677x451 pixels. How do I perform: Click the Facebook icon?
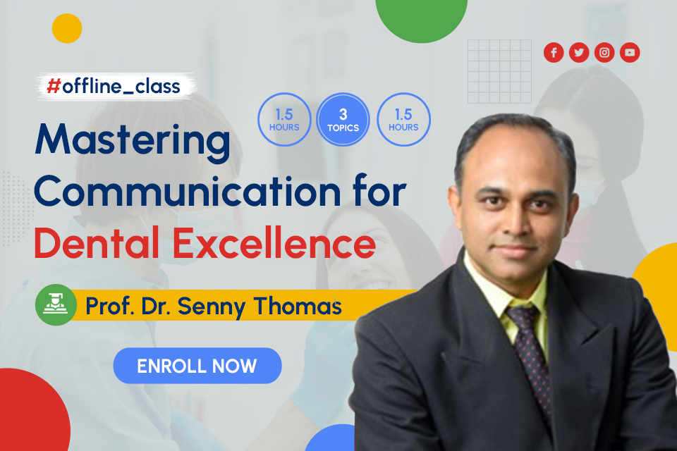tap(554, 53)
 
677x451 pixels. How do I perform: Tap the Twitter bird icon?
tap(579, 53)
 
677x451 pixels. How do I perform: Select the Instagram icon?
tap(604, 53)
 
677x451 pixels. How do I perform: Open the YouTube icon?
tap(630, 53)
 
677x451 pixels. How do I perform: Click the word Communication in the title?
tap(188, 192)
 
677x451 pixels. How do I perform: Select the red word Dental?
tap(97, 242)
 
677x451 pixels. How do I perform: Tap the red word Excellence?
tap(274, 242)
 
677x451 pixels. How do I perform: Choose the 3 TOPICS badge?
tap(343, 120)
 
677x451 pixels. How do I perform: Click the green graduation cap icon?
tap(56, 304)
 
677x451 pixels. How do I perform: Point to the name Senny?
tap(212, 307)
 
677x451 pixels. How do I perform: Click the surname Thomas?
tap(298, 306)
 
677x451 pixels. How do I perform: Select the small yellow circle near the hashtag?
tap(67, 28)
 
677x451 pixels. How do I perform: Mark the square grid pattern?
tap(499, 72)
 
